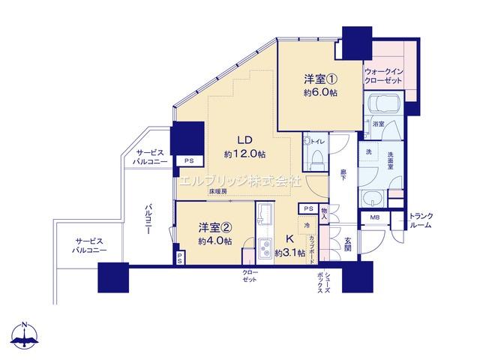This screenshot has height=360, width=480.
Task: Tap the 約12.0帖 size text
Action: pyautogui.click(x=244, y=154)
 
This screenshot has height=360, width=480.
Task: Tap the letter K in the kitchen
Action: pyautogui.click(x=289, y=241)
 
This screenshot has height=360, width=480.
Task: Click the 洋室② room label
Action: pyautogui.click(x=214, y=226)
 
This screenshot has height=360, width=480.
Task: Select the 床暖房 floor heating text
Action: pyautogui.click(x=220, y=192)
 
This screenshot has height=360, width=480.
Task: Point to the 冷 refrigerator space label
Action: pyautogui.click(x=307, y=225)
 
